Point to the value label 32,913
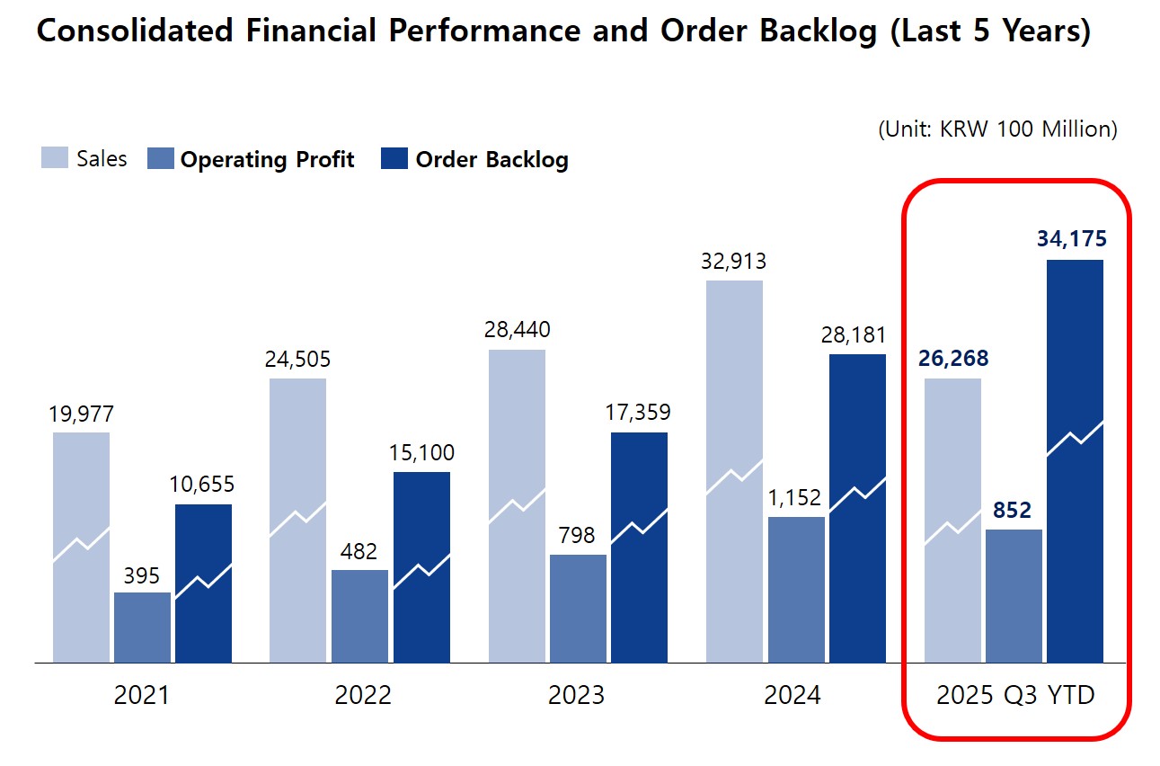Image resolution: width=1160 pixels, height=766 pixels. click(x=734, y=262)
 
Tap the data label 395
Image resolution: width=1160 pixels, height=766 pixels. click(x=141, y=575)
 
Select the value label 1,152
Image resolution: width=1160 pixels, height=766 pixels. click(x=795, y=498)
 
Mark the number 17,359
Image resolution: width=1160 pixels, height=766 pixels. click(x=639, y=413)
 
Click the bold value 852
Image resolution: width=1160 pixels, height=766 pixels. click(x=1014, y=511)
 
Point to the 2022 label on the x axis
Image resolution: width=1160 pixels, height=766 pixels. click(x=363, y=695)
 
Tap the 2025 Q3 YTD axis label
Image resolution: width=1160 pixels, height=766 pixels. click(x=1015, y=695)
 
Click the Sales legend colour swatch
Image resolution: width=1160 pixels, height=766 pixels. click(x=55, y=159)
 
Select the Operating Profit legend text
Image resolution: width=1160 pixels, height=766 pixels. click(x=267, y=160)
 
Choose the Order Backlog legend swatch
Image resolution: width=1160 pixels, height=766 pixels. click(x=394, y=159)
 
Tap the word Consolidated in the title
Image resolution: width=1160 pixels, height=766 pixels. click(x=135, y=31)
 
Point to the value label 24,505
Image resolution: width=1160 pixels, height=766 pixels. click(x=297, y=360)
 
